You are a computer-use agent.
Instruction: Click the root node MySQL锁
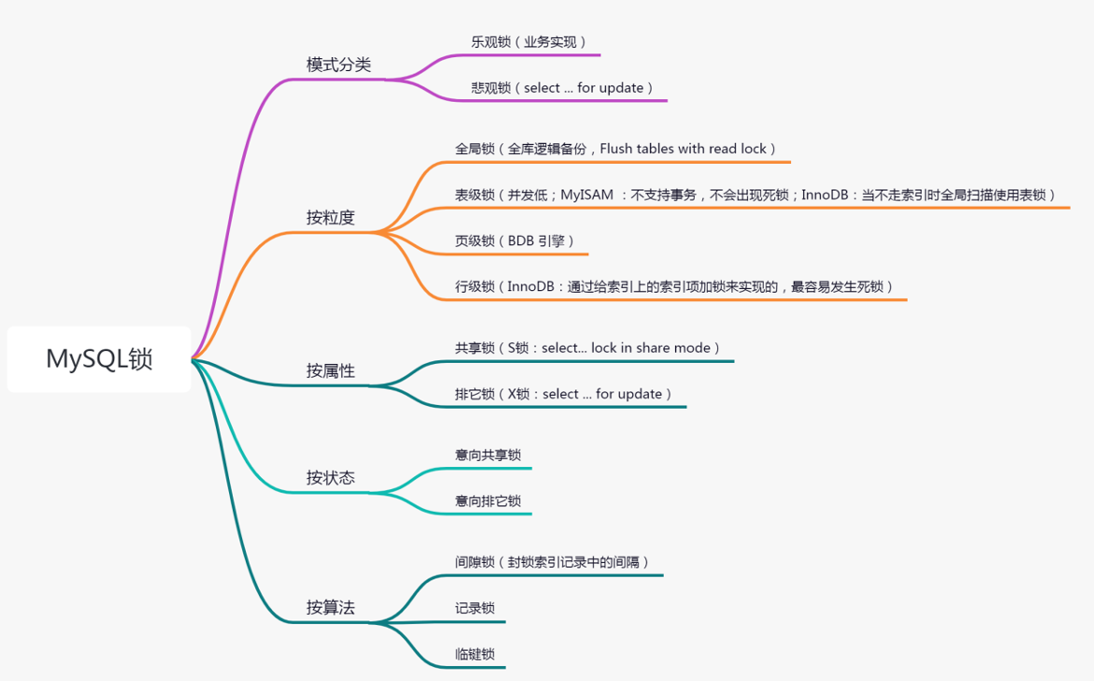(99, 359)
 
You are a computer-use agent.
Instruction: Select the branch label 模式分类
(338, 65)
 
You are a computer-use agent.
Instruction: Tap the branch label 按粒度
(330, 218)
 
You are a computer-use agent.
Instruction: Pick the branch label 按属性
(330, 370)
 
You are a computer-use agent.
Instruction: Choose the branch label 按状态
(330, 477)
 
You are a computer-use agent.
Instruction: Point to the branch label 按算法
(330, 607)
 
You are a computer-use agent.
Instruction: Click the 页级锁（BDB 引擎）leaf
(515, 240)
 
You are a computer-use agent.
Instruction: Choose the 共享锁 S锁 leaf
(588, 348)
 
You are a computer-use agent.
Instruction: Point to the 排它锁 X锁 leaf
(564, 394)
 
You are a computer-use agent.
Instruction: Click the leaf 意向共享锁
(488, 455)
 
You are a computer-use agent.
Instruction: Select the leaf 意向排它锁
(488, 501)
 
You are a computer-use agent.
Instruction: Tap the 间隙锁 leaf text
(553, 562)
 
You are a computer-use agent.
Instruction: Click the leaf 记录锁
(475, 608)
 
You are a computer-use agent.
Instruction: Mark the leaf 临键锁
(475, 655)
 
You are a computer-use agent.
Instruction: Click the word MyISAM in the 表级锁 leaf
(587, 195)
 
